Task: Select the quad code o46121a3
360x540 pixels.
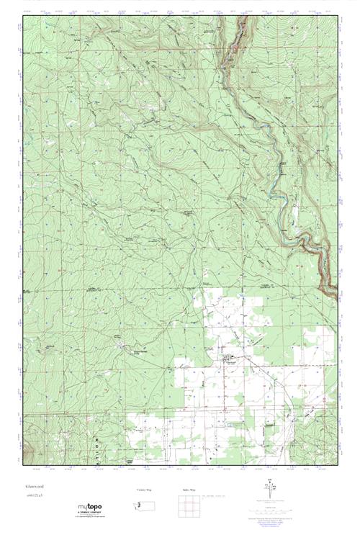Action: tap(33, 497)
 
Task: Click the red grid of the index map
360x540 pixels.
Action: tap(189, 505)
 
